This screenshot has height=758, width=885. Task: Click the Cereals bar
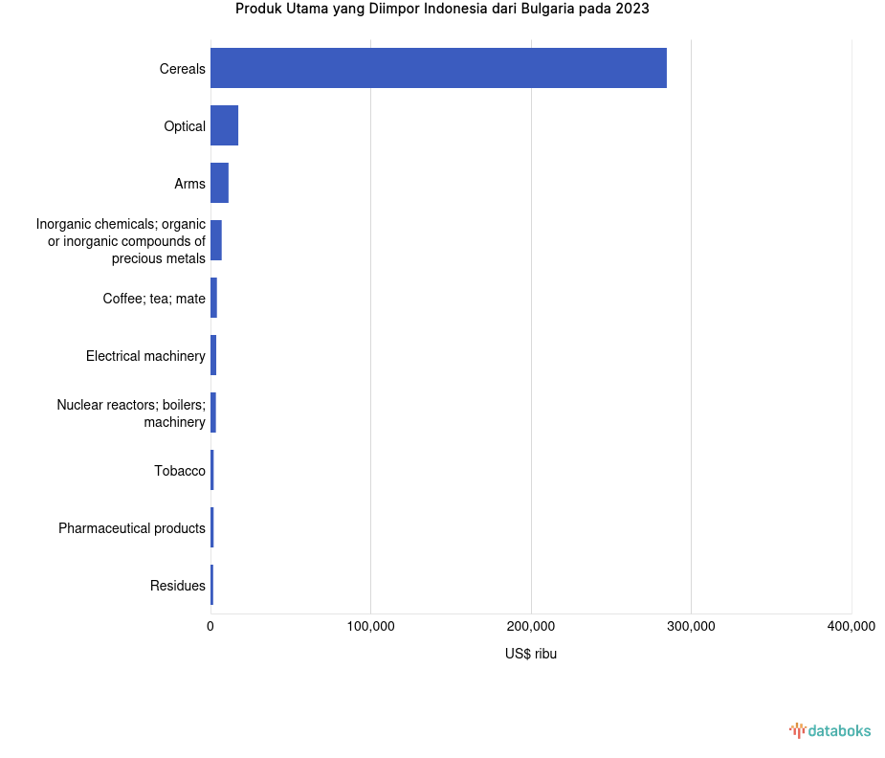click(438, 68)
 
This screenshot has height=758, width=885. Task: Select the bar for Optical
click(224, 125)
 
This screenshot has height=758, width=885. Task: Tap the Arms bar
click(219, 183)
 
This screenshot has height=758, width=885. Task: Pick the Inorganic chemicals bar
click(216, 240)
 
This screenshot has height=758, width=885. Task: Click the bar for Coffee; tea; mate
click(214, 298)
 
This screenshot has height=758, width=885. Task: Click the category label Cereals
click(182, 69)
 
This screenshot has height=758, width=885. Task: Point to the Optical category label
click(185, 126)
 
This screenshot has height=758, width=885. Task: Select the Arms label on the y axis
click(189, 184)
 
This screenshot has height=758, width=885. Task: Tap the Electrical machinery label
click(145, 356)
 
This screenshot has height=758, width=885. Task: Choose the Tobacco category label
click(180, 471)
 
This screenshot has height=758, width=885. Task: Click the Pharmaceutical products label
click(132, 528)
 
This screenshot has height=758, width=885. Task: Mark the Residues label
click(178, 586)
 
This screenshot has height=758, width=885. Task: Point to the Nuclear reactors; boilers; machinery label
click(131, 413)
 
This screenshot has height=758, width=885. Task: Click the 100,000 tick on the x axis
click(370, 627)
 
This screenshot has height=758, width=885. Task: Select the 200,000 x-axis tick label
click(531, 627)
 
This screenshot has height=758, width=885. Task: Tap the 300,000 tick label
click(691, 627)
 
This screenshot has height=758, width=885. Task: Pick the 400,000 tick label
click(851, 627)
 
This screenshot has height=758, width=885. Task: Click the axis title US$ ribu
click(531, 655)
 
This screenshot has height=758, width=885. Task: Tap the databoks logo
click(830, 731)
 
